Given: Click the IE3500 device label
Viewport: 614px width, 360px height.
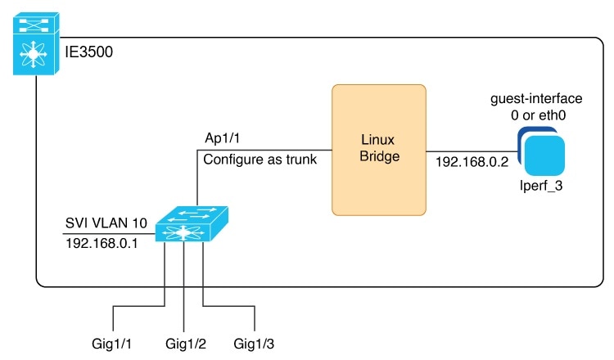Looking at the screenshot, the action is (89, 52).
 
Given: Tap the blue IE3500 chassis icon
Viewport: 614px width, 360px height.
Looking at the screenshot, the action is (36, 43).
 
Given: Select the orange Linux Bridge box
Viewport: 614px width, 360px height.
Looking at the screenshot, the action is (379, 150).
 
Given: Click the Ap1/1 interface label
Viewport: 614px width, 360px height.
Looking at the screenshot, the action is (222, 138).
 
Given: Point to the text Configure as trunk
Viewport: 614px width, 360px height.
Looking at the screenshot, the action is (260, 160).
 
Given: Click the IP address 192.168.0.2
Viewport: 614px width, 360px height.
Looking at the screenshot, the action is (472, 162).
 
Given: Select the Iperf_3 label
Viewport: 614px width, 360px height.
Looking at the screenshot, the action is (541, 185).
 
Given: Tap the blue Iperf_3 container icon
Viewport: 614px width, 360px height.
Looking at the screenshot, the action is (541, 151).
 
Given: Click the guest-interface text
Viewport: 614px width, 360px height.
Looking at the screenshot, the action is (536, 99).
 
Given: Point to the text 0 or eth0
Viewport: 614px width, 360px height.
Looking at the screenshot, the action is (538, 115).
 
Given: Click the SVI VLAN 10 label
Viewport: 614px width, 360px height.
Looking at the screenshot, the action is (106, 223).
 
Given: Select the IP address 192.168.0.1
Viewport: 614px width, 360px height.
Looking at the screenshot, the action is (102, 243).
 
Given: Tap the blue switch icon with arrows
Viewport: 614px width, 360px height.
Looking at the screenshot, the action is (192, 224).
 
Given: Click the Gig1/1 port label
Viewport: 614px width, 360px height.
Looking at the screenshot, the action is (111, 344).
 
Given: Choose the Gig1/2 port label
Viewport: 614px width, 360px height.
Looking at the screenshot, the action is (186, 344).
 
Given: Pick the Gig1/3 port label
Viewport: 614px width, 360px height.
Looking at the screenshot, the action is (254, 344).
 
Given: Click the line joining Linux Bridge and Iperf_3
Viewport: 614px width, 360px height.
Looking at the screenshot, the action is (472, 151).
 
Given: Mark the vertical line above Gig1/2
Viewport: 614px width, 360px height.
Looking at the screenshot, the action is (183, 286).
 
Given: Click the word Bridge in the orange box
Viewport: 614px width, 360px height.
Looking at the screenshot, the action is (379, 156).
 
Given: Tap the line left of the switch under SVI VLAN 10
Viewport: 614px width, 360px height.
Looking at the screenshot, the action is (109, 234).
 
